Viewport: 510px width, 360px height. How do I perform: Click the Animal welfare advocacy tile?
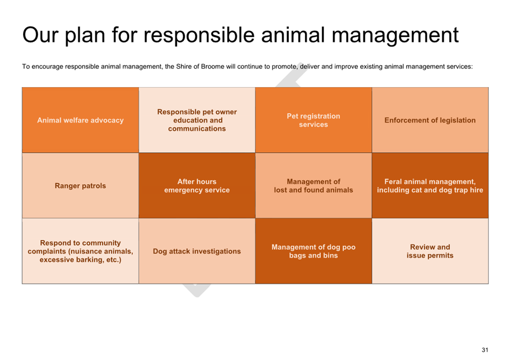80,120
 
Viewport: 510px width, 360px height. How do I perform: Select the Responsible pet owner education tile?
197,120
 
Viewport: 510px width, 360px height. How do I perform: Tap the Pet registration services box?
314,120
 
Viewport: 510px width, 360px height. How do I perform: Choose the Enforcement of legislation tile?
430,120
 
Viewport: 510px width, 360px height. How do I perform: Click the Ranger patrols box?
80,186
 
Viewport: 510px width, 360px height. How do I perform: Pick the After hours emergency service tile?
197,186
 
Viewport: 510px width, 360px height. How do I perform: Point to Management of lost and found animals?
314,186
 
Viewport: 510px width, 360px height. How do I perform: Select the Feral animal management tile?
430,186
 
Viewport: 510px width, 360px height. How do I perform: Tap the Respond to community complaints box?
80,251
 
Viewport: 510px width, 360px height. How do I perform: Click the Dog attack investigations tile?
197,251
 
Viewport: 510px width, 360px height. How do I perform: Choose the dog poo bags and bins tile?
314,251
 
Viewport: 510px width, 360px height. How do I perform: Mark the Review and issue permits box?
430,251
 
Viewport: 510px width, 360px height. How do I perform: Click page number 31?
485,350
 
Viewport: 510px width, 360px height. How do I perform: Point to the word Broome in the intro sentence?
212,67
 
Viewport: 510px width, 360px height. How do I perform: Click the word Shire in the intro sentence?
184,67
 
